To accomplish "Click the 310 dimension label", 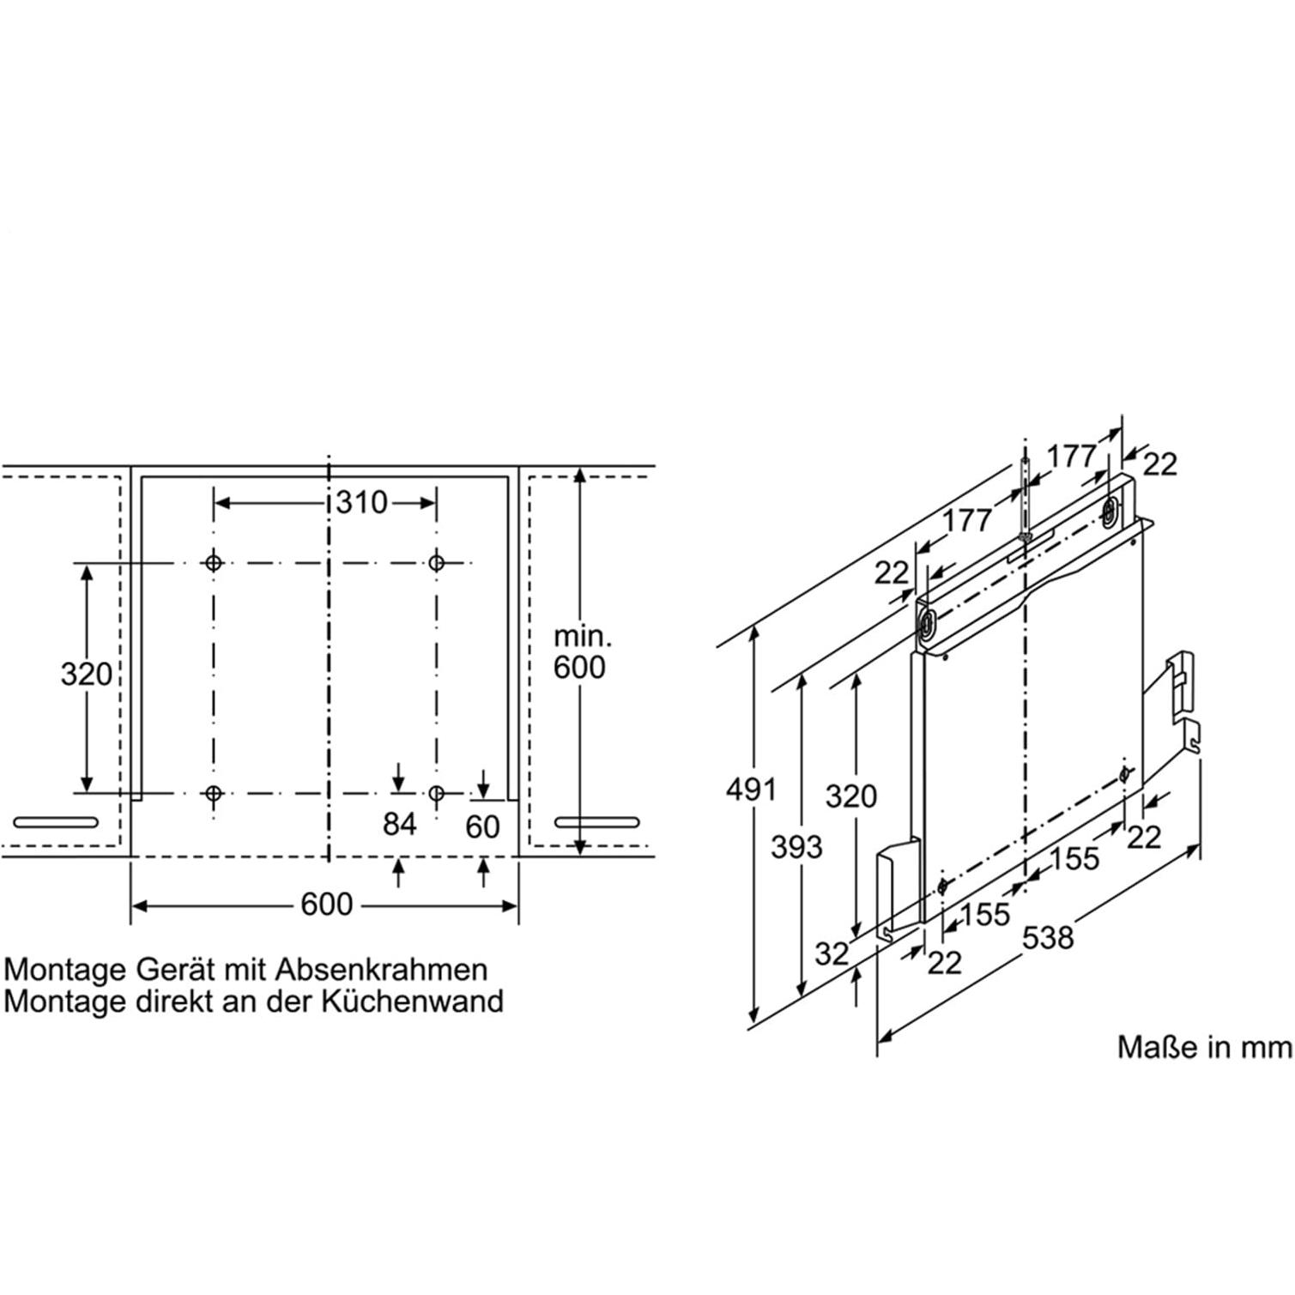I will point(361,502).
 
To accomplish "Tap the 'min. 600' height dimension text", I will point(580,652).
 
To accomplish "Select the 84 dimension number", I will point(399,824).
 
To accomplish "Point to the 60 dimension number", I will point(482,826).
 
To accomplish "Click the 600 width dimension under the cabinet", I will point(326,905).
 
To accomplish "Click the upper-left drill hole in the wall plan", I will point(213,563).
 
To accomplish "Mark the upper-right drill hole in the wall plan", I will point(436,563).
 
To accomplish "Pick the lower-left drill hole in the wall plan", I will point(213,793).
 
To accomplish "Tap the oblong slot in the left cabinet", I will point(56,822).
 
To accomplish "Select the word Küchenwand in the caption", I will point(413,1002).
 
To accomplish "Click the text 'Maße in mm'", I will point(1203,1047).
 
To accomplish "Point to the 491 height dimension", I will point(751,789).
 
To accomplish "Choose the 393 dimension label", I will point(796,847).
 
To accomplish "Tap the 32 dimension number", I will point(831,953).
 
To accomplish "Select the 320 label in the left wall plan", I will point(86,674).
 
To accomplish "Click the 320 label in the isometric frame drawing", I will point(850,796).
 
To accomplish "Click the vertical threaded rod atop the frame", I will point(1026,498).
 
